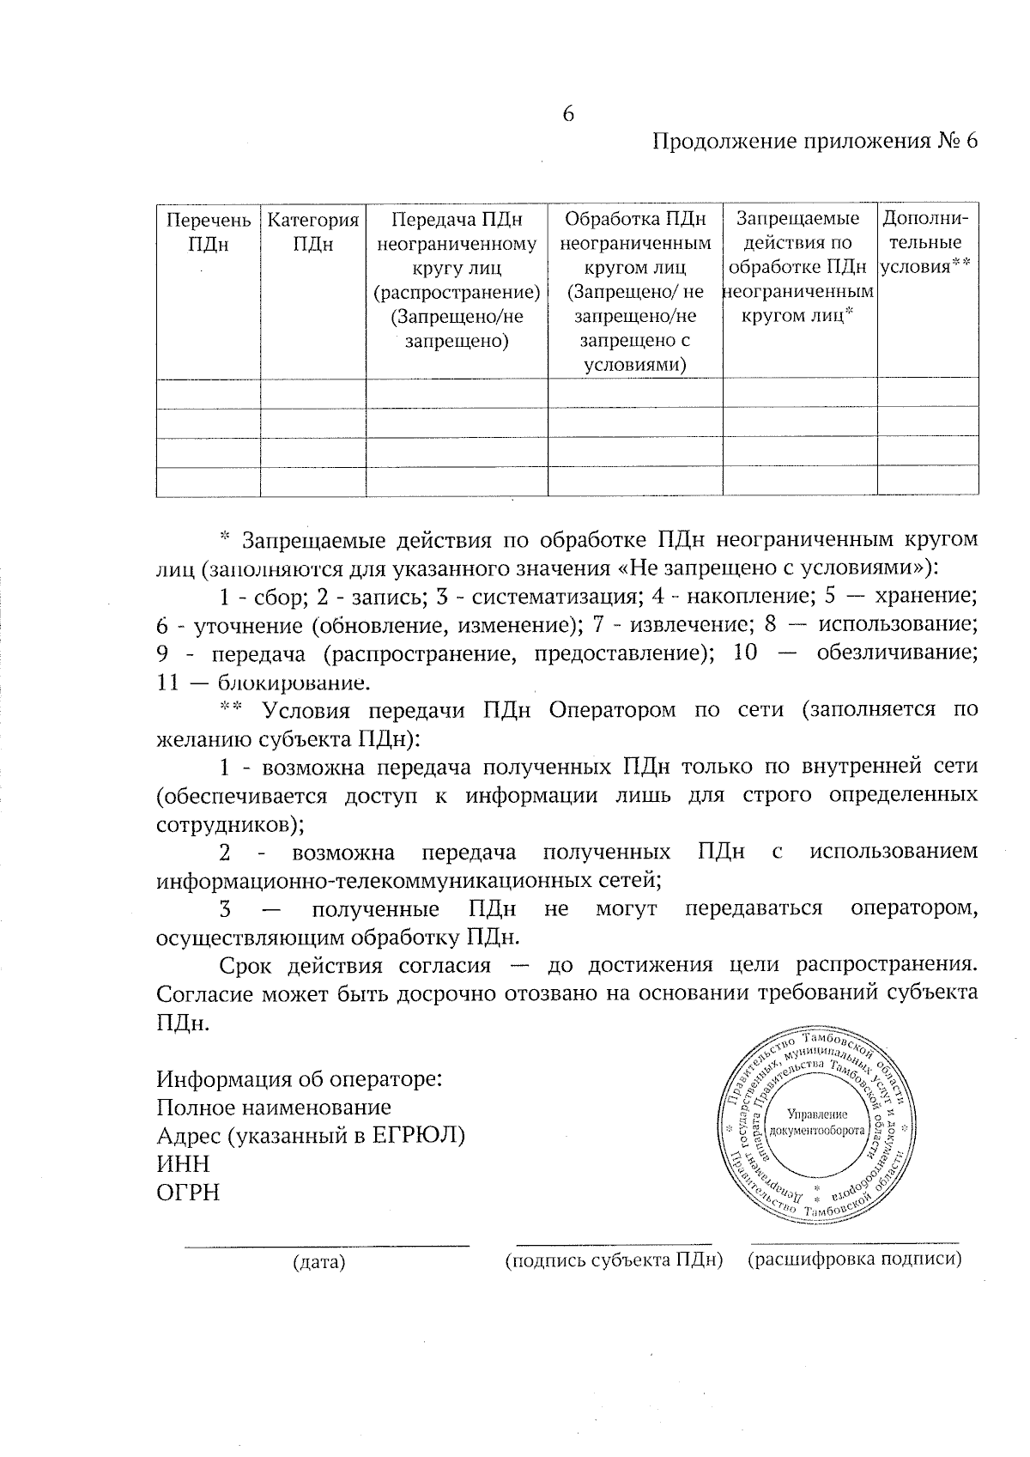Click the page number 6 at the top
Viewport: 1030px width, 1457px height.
pyautogui.click(x=567, y=114)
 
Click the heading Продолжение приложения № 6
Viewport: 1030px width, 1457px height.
pyautogui.click(x=815, y=142)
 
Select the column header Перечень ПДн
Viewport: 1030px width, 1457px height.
pyautogui.click(x=209, y=232)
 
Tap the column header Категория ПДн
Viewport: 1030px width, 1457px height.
pyautogui.click(x=313, y=232)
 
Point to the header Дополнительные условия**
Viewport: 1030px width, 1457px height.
pyautogui.click(x=926, y=242)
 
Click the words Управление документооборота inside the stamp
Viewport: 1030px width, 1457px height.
pyautogui.click(x=817, y=1122)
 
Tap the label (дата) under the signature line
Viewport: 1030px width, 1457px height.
pyautogui.click(x=318, y=1262)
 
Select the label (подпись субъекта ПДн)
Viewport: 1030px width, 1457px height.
pyautogui.click(x=615, y=1260)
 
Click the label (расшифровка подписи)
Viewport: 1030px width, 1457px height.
pyautogui.click(x=855, y=1259)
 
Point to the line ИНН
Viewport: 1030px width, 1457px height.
pyautogui.click(x=183, y=1163)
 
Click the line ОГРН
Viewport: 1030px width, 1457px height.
pyautogui.click(x=188, y=1192)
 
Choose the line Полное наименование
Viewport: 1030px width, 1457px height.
pyautogui.click(x=274, y=1107)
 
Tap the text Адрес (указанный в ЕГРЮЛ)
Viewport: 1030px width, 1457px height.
pyautogui.click(x=311, y=1135)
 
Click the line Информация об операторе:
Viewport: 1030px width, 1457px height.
pyautogui.click(x=300, y=1078)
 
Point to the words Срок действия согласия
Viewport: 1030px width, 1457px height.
pyautogui.click(x=354, y=965)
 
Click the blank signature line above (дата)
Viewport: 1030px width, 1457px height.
pyautogui.click(x=327, y=1244)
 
